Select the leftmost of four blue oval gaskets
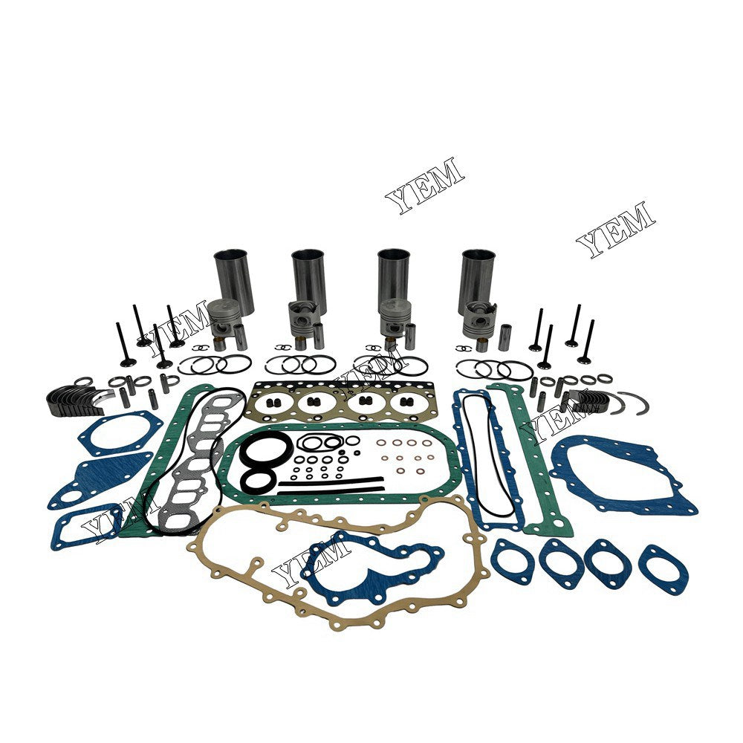pyautogui.click(x=512, y=560)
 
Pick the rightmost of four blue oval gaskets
pyautogui.click(x=663, y=569)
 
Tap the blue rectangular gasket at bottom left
pyautogui.click(x=85, y=527)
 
